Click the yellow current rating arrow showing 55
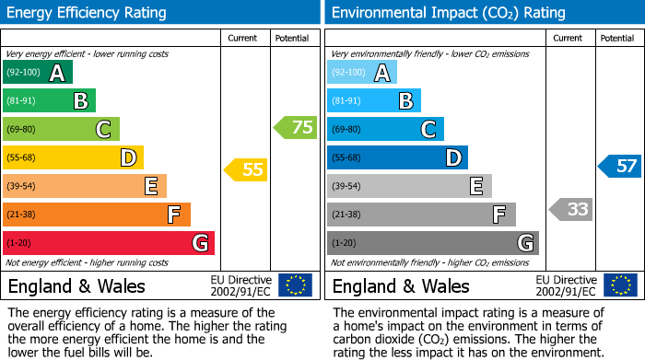(x=245, y=169)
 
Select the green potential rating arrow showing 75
(x=296, y=127)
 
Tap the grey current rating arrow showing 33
(x=570, y=209)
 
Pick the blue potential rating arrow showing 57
(x=619, y=166)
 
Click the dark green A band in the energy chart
(x=37, y=73)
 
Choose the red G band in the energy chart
(x=109, y=243)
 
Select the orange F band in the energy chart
(x=97, y=215)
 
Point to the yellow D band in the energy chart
(x=73, y=157)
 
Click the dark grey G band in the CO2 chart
(x=432, y=243)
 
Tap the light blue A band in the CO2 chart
(x=362, y=73)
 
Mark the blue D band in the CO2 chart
(x=397, y=157)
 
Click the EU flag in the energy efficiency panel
(x=295, y=285)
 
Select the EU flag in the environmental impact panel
(x=619, y=285)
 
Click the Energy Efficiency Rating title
(x=88, y=13)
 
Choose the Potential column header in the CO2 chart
(x=617, y=38)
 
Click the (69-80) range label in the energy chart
(x=22, y=130)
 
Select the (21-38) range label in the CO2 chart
(x=346, y=215)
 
